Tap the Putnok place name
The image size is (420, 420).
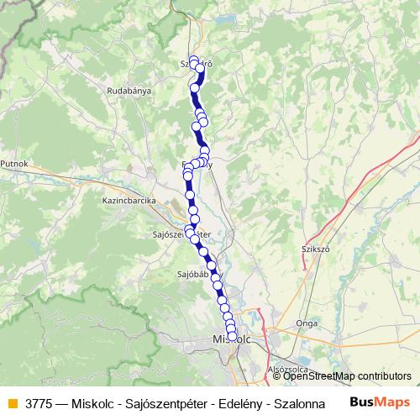coord(14,164)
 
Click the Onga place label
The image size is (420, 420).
coord(307,322)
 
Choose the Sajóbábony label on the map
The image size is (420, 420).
coord(192,273)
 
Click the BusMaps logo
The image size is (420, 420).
coord(381,402)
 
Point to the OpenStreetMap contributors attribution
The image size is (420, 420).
coord(347,376)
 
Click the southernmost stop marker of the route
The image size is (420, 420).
coord(233,336)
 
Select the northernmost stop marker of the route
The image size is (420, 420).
coord(194,60)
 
